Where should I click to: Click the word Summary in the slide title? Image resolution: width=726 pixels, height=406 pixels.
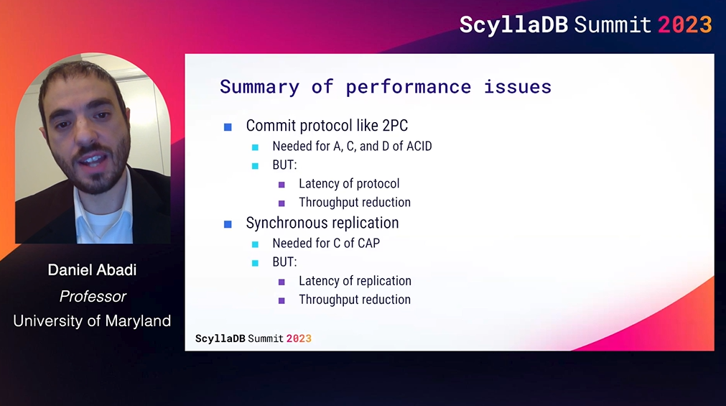pyautogui.click(x=259, y=87)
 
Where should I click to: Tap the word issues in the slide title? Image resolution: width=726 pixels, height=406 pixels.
pyautogui.click(x=518, y=87)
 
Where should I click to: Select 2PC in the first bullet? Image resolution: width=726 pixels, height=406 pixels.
pyautogui.click(x=395, y=126)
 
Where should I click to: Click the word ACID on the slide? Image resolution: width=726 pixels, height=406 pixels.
pyautogui.click(x=419, y=146)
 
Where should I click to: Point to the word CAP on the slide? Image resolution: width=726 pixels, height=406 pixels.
pyautogui.click(x=368, y=244)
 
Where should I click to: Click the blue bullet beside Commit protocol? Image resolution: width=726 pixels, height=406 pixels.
pyautogui.click(x=228, y=127)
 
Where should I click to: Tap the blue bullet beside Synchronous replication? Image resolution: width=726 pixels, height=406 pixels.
pyautogui.click(x=228, y=224)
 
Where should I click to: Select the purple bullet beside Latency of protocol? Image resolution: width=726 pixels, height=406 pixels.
pyautogui.click(x=281, y=185)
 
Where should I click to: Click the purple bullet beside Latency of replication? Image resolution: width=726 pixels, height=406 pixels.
pyautogui.click(x=281, y=282)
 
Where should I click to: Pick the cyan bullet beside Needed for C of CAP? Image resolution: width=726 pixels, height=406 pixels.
pyautogui.click(x=255, y=244)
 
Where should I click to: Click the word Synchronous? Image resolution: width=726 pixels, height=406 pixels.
pyautogui.click(x=287, y=223)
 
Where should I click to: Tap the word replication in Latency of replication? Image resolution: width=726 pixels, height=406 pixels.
pyautogui.click(x=384, y=281)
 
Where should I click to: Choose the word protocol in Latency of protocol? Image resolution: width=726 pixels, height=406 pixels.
pyautogui.click(x=378, y=184)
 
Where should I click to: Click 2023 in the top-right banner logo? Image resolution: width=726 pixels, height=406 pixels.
pyautogui.click(x=685, y=24)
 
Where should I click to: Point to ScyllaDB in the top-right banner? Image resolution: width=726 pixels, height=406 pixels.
pyautogui.click(x=513, y=25)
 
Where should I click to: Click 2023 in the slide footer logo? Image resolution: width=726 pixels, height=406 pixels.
pyautogui.click(x=299, y=338)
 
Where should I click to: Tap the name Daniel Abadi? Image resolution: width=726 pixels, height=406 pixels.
pyautogui.click(x=92, y=269)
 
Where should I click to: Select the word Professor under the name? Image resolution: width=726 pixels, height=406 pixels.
pyautogui.click(x=93, y=296)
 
